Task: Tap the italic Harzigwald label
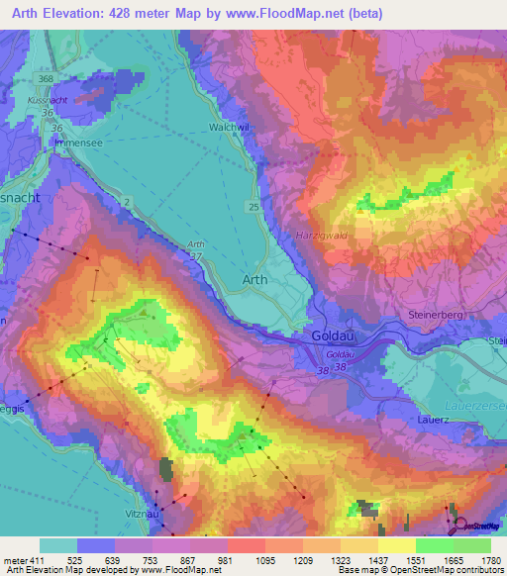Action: [321, 236]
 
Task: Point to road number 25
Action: [254, 206]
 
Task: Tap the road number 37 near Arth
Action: [196, 257]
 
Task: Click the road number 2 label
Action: [128, 201]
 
